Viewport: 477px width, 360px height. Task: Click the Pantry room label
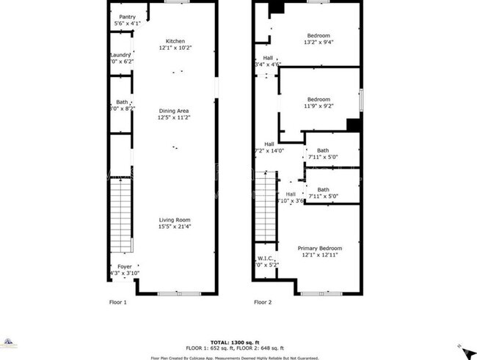[x=127, y=18]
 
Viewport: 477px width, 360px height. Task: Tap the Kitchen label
[x=175, y=41]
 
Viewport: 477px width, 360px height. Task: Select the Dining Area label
[x=175, y=111]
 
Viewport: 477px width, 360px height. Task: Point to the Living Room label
[x=175, y=219]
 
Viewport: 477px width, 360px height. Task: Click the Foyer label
[x=125, y=267]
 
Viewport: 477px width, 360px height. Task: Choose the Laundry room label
[x=120, y=55]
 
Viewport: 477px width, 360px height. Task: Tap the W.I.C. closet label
[x=266, y=257]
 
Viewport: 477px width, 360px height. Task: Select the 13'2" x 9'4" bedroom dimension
[x=318, y=43]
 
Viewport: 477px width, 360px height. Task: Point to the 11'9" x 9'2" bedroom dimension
[x=318, y=106]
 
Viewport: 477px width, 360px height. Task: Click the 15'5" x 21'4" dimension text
[x=175, y=226]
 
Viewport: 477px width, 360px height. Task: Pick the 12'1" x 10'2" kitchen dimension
[x=175, y=48]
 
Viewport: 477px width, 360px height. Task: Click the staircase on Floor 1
[x=120, y=217]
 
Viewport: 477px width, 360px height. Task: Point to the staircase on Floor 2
[x=265, y=207]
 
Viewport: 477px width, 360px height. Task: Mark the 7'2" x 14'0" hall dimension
[x=269, y=150]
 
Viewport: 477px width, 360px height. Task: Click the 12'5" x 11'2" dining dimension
[x=175, y=117]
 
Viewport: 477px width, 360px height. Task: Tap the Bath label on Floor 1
[x=122, y=102]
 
